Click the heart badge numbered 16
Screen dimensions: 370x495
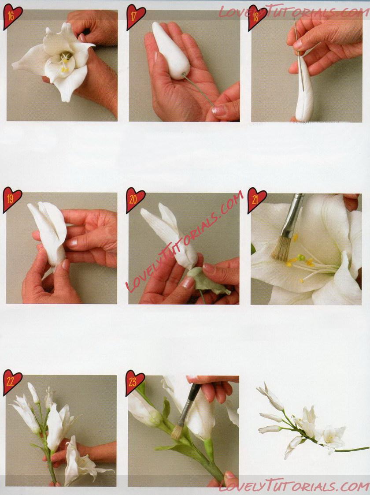(x=12, y=16)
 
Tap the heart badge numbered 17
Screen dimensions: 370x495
(x=136, y=16)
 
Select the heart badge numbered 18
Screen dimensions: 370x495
(x=257, y=17)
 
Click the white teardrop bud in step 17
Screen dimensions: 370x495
(x=171, y=50)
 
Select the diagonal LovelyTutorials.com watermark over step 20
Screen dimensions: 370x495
(x=185, y=241)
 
